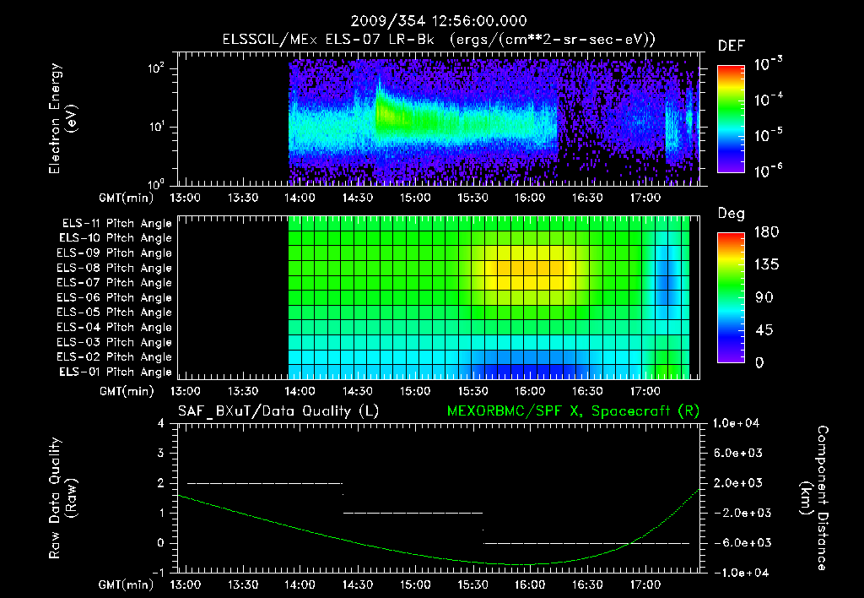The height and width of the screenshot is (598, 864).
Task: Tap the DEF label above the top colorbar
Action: (730, 46)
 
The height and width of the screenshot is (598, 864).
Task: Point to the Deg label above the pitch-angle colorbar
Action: (730, 213)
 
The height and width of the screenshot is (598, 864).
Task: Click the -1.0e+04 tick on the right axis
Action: (735, 573)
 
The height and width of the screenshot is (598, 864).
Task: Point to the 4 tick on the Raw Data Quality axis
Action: (160, 423)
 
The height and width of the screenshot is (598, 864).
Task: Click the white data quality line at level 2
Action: (264, 483)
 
